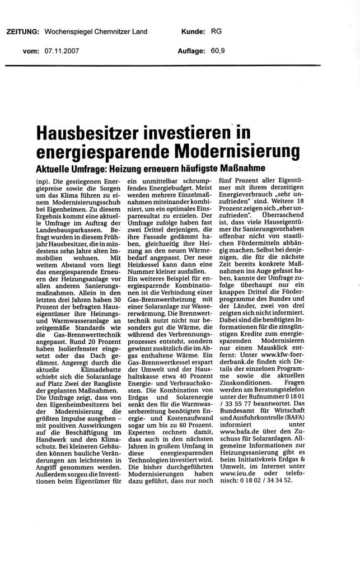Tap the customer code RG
(x=216, y=31)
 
